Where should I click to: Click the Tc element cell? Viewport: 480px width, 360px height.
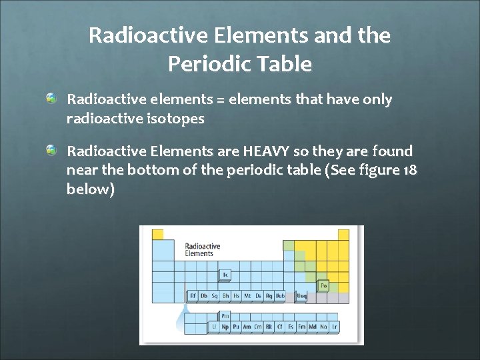[x=225, y=274]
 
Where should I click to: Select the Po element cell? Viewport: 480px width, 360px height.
[x=323, y=285]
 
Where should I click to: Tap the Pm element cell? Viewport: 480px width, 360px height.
[x=225, y=316]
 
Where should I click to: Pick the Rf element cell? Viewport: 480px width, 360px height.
[x=193, y=295]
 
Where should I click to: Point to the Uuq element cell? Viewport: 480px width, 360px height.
[x=301, y=295]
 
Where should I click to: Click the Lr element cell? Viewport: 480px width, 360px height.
[x=334, y=327]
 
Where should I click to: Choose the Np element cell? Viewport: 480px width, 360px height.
[x=225, y=327]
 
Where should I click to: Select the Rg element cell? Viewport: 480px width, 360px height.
[x=269, y=295]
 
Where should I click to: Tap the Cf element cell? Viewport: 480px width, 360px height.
[x=279, y=327]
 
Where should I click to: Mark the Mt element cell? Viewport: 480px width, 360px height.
[x=247, y=295]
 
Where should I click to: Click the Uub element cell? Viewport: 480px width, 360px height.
[x=280, y=295]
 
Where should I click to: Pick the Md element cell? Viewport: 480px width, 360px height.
[x=312, y=327]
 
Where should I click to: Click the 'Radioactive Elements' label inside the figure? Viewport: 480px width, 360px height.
[x=202, y=250]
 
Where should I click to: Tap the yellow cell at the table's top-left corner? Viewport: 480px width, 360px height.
[x=158, y=234]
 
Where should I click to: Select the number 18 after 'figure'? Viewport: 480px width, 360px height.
[x=411, y=171]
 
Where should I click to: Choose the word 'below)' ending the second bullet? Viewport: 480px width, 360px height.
[x=91, y=189]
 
